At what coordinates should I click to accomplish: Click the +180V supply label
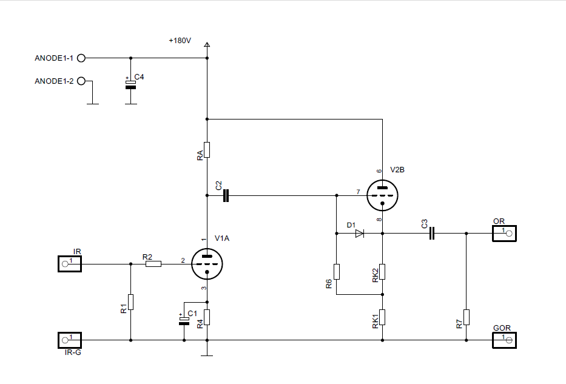coord(180,41)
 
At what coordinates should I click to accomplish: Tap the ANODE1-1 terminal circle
coord(81,58)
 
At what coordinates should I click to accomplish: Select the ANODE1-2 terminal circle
coord(81,81)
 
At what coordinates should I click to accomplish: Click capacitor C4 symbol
coord(130,84)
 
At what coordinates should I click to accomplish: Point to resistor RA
coord(207,149)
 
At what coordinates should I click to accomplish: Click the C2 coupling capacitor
coord(226,196)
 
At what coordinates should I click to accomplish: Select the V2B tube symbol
coord(382,195)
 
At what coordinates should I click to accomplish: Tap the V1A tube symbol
coord(207,263)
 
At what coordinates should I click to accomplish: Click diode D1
coord(359,233)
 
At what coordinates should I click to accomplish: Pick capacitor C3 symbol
coord(432,233)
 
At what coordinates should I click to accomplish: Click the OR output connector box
coord(504,233)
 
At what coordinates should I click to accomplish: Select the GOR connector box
coord(504,340)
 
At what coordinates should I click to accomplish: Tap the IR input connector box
coord(70,264)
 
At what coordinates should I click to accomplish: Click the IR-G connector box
coord(70,340)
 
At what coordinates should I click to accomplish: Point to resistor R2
coord(153,264)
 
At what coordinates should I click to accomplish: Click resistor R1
coord(130,301)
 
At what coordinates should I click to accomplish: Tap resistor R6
coord(336,272)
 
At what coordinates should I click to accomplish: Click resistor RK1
coord(382,317)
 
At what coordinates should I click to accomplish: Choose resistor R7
coord(466,317)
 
